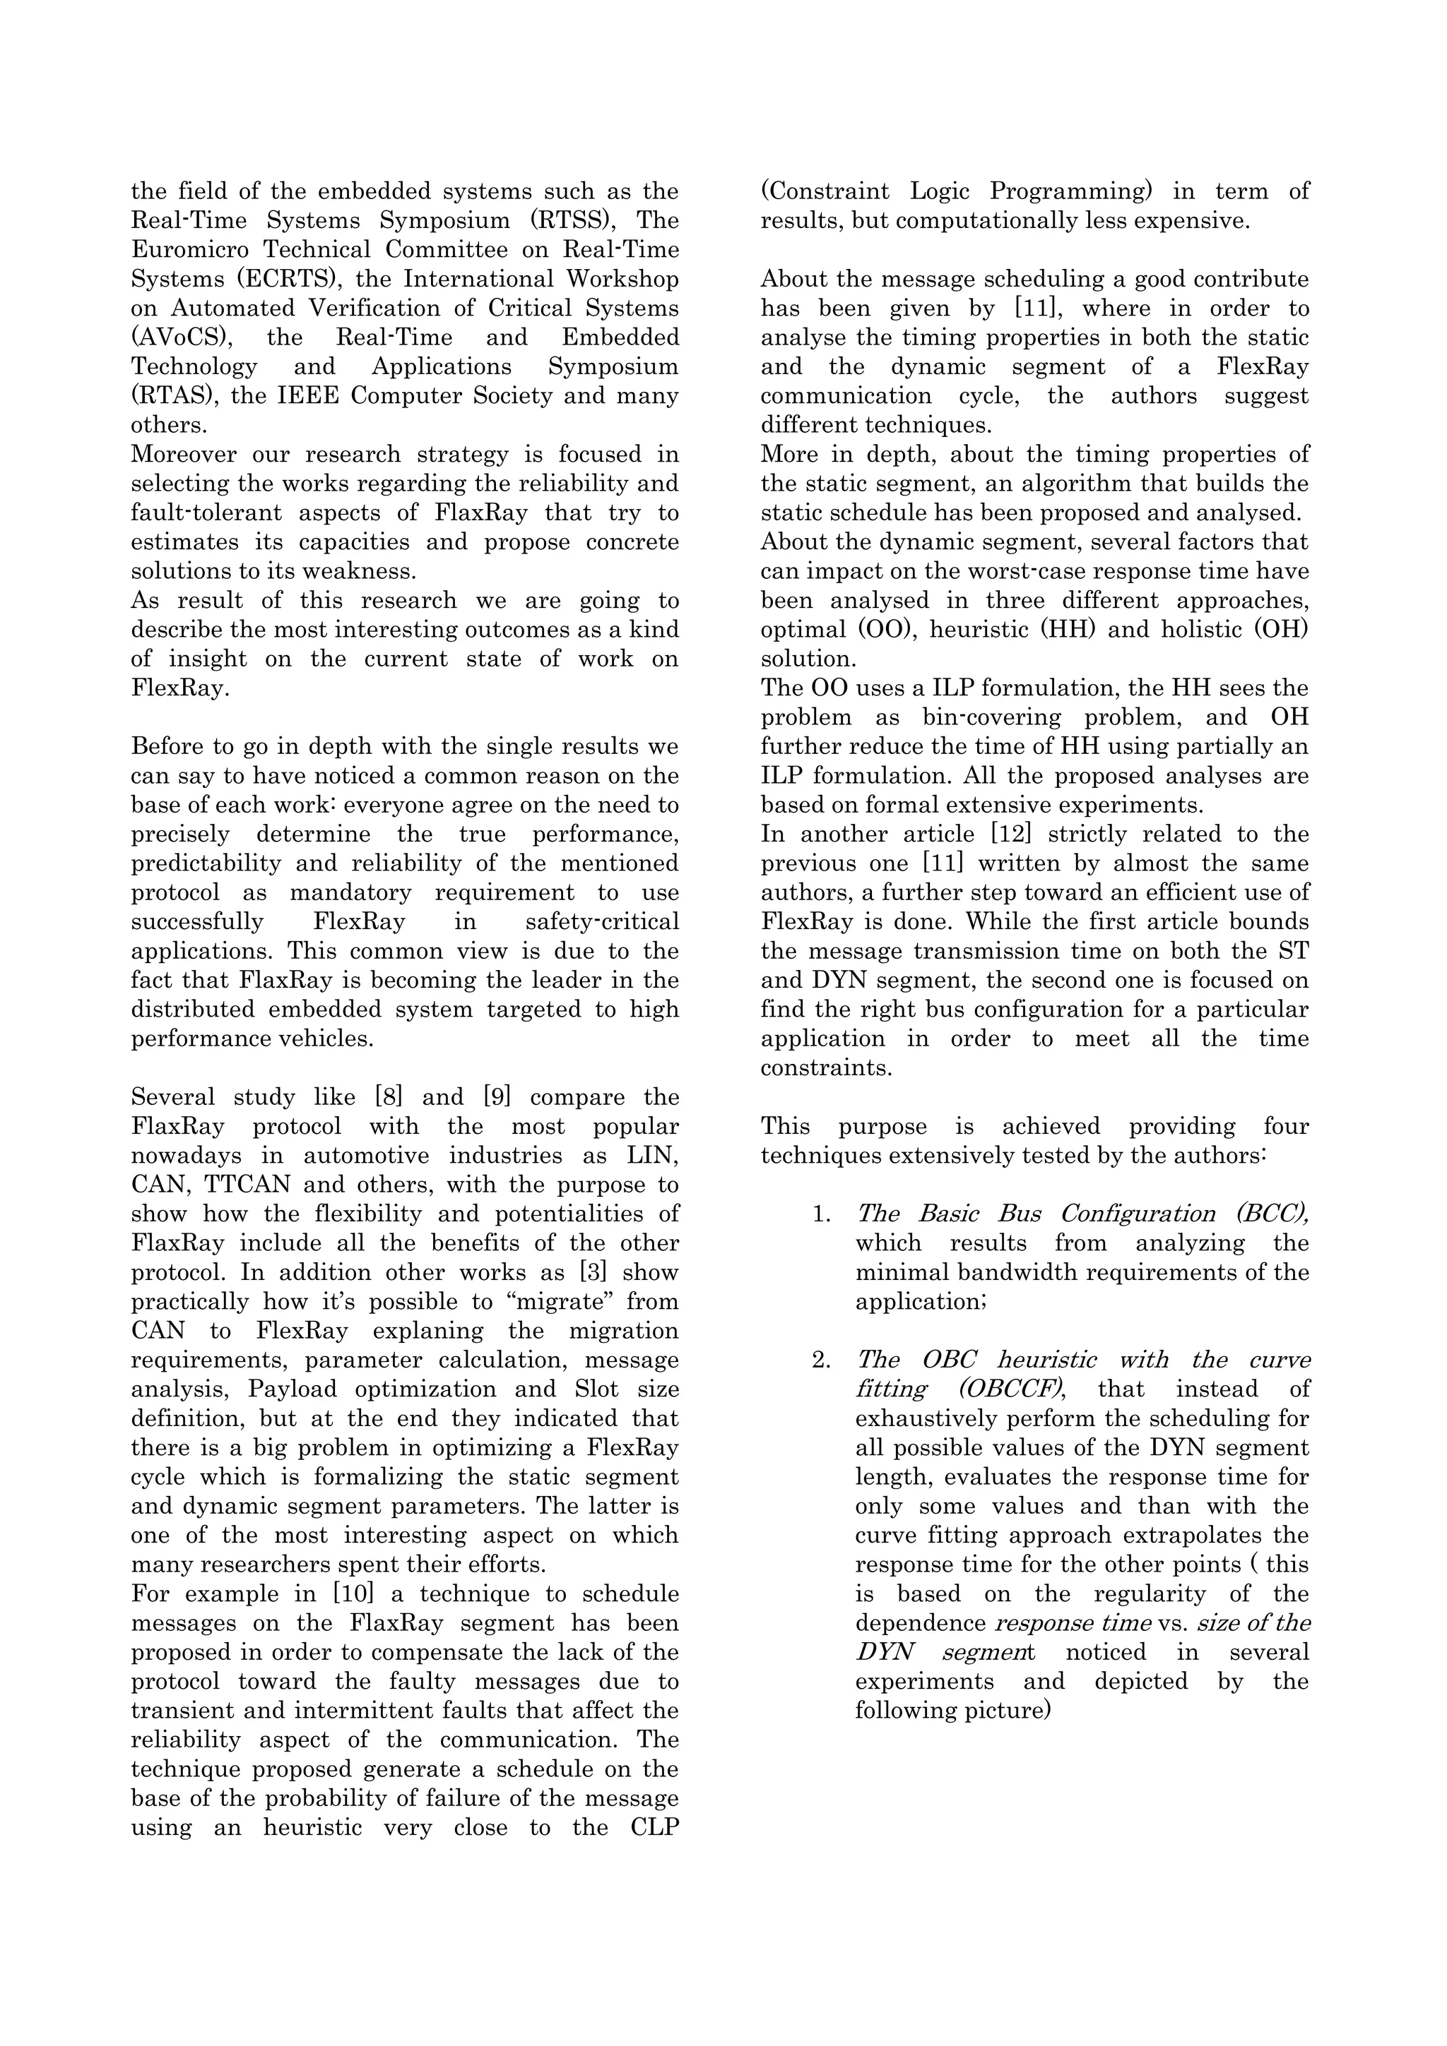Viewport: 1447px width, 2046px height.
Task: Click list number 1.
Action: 820,1214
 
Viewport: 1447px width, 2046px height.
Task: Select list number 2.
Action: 820,1360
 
